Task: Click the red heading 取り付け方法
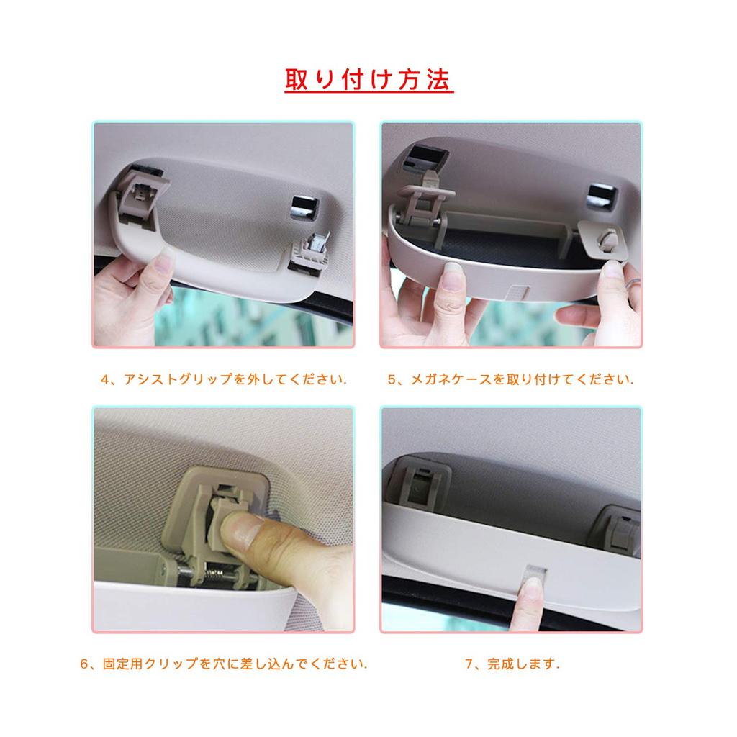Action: pyautogui.click(x=368, y=80)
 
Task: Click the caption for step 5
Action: pyautogui.click(x=511, y=379)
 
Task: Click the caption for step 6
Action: pyautogui.click(x=224, y=664)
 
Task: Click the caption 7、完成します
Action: pyautogui.click(x=512, y=664)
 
